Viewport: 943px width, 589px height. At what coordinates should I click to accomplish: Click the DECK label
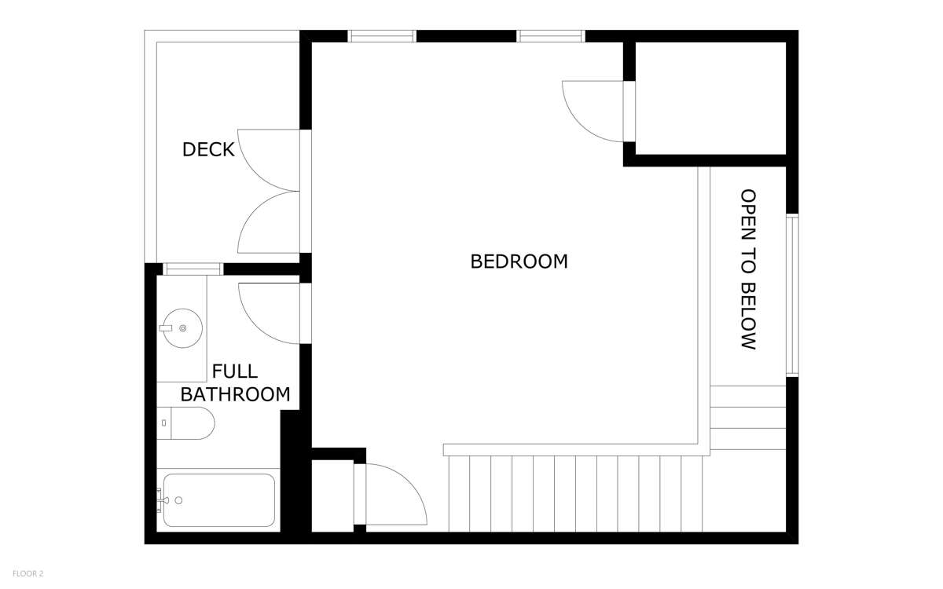tap(208, 150)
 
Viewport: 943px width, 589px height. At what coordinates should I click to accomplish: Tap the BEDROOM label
tap(519, 262)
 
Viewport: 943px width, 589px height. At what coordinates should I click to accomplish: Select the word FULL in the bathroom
tap(234, 371)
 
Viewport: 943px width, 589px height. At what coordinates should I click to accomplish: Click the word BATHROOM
tap(235, 394)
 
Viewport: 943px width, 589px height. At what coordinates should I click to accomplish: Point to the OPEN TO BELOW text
tap(748, 269)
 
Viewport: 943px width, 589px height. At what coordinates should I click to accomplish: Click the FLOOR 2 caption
tap(28, 573)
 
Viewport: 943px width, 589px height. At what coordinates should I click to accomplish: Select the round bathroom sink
tap(182, 328)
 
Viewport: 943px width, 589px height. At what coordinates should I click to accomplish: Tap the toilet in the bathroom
tap(185, 423)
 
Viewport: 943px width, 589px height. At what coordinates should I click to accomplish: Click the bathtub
tap(219, 501)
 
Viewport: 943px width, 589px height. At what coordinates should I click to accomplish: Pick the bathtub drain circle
tap(178, 501)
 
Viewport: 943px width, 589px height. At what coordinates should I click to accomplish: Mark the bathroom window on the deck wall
tap(193, 269)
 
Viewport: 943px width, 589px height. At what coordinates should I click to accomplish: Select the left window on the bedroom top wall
tap(382, 36)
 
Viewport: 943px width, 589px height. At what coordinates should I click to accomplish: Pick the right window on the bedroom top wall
tap(551, 36)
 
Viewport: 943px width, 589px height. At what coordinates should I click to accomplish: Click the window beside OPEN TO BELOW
tap(792, 295)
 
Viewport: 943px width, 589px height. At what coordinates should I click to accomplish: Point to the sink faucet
tap(166, 328)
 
